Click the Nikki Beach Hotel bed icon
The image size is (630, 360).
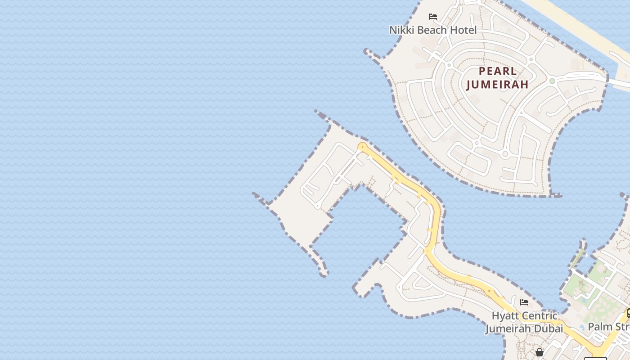433,17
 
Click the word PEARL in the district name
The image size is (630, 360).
498,71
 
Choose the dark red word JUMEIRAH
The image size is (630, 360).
497,84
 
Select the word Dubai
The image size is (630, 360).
549,328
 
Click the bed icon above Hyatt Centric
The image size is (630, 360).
524,302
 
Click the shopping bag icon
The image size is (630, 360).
540,352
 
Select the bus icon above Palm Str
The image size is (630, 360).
628,313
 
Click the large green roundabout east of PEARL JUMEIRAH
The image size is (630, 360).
552,81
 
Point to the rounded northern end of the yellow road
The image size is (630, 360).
362,146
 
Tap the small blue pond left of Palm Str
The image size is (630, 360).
582,327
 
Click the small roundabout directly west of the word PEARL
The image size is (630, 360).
449,65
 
